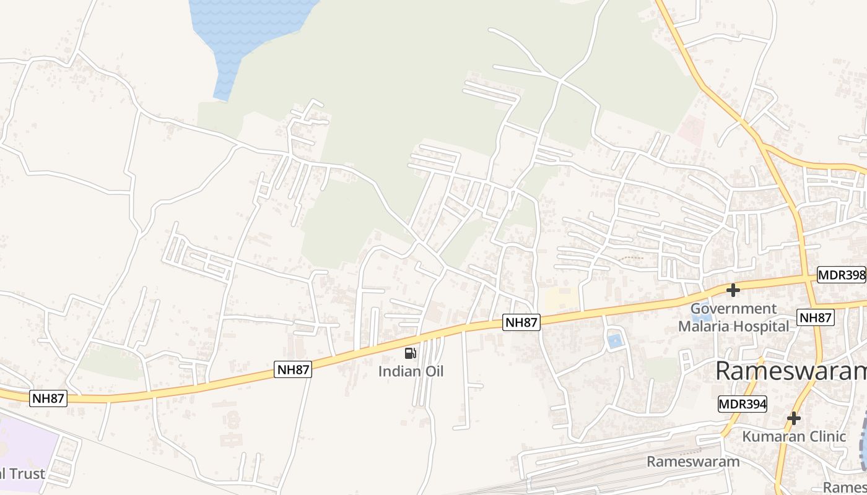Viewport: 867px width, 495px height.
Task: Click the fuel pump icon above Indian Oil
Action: coord(410,353)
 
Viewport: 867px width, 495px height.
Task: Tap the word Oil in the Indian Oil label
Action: coord(430,372)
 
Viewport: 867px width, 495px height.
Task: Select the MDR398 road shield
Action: coord(841,275)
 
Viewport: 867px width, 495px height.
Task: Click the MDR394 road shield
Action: coord(743,405)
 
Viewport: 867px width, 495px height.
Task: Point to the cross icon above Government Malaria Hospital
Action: coord(733,290)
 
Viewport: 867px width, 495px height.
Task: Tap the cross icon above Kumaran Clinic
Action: coord(793,418)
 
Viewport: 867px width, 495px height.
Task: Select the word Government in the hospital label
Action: coord(733,309)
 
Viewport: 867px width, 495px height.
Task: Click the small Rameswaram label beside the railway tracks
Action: coord(693,462)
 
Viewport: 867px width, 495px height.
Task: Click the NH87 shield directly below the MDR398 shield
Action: coord(816,317)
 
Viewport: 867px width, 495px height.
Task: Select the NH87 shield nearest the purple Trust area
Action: coord(48,398)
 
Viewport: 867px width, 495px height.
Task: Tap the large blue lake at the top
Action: coord(248,31)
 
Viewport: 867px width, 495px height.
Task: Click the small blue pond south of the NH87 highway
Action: coord(614,340)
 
